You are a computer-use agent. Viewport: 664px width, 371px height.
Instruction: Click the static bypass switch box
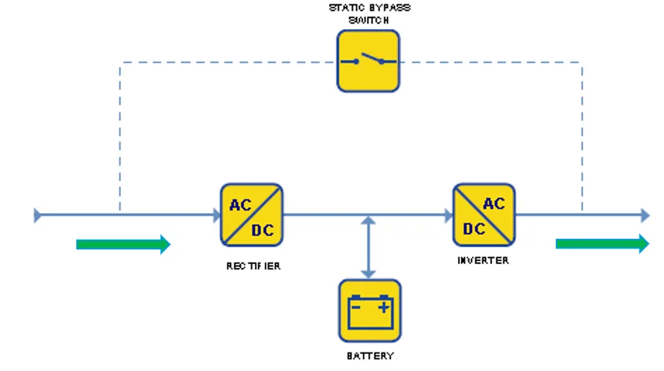[x=368, y=61]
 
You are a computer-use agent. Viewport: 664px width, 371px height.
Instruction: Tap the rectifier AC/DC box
[x=251, y=215]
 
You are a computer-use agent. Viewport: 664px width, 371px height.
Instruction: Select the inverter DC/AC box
[x=484, y=215]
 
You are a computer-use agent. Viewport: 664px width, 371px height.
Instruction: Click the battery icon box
[x=370, y=311]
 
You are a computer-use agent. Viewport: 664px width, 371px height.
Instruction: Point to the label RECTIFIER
[x=253, y=266]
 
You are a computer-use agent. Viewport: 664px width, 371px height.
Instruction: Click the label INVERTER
[x=483, y=260]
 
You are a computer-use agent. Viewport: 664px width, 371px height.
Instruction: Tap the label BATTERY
[x=370, y=356]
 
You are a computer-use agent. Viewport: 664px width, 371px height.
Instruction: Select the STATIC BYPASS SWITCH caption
[x=370, y=14]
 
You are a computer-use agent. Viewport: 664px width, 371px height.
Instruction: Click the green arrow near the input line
[x=123, y=244]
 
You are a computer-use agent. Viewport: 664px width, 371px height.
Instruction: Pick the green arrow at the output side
[x=602, y=244]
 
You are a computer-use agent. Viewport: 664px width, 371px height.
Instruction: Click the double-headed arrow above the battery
[x=368, y=248]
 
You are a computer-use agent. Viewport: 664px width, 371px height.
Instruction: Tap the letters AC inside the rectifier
[x=241, y=206]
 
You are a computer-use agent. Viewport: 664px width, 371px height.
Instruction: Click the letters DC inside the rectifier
[x=262, y=230]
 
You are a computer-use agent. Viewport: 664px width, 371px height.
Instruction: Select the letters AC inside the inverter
[x=494, y=204]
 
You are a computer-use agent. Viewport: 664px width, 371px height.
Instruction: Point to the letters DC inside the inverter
[x=474, y=229]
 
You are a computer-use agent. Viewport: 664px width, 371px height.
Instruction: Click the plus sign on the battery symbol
[x=384, y=307]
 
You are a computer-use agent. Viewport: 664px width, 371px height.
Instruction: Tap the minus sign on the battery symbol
[x=356, y=307]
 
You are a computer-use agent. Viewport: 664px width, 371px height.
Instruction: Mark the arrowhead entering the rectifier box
[x=216, y=215]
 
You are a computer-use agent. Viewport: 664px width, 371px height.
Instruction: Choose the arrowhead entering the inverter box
[x=448, y=215]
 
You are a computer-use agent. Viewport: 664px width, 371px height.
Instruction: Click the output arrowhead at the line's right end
[x=645, y=215]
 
